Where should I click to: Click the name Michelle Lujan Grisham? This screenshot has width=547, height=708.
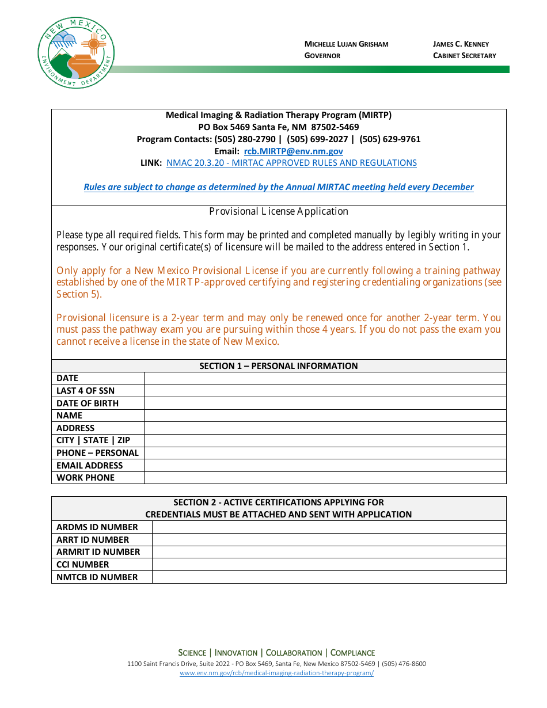click(346, 44)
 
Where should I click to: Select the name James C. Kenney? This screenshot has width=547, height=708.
click(461, 44)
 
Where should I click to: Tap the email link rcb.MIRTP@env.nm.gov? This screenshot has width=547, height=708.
click(293, 151)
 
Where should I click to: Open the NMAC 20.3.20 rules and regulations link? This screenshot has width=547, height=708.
click(291, 163)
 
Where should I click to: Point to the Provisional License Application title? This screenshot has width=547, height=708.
click(279, 211)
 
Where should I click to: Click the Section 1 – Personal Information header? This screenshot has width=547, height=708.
click(279, 366)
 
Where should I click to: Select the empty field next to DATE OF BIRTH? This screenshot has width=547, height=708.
click(325, 404)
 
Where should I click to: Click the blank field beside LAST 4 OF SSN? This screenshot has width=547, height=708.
click(325, 391)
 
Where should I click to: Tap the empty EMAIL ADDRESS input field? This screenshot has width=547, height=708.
click(325, 466)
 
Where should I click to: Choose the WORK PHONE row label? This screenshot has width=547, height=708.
click(85, 478)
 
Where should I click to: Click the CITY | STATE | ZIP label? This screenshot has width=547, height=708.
click(93, 440)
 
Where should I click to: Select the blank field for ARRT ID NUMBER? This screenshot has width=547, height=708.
click(329, 540)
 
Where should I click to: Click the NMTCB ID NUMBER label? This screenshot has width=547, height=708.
click(97, 577)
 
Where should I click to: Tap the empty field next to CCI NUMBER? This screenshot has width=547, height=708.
click(329, 565)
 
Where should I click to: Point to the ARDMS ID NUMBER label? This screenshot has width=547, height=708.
click(97, 527)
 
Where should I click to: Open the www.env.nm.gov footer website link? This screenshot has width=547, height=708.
click(276, 673)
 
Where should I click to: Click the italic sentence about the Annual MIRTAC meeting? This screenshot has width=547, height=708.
click(279, 187)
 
